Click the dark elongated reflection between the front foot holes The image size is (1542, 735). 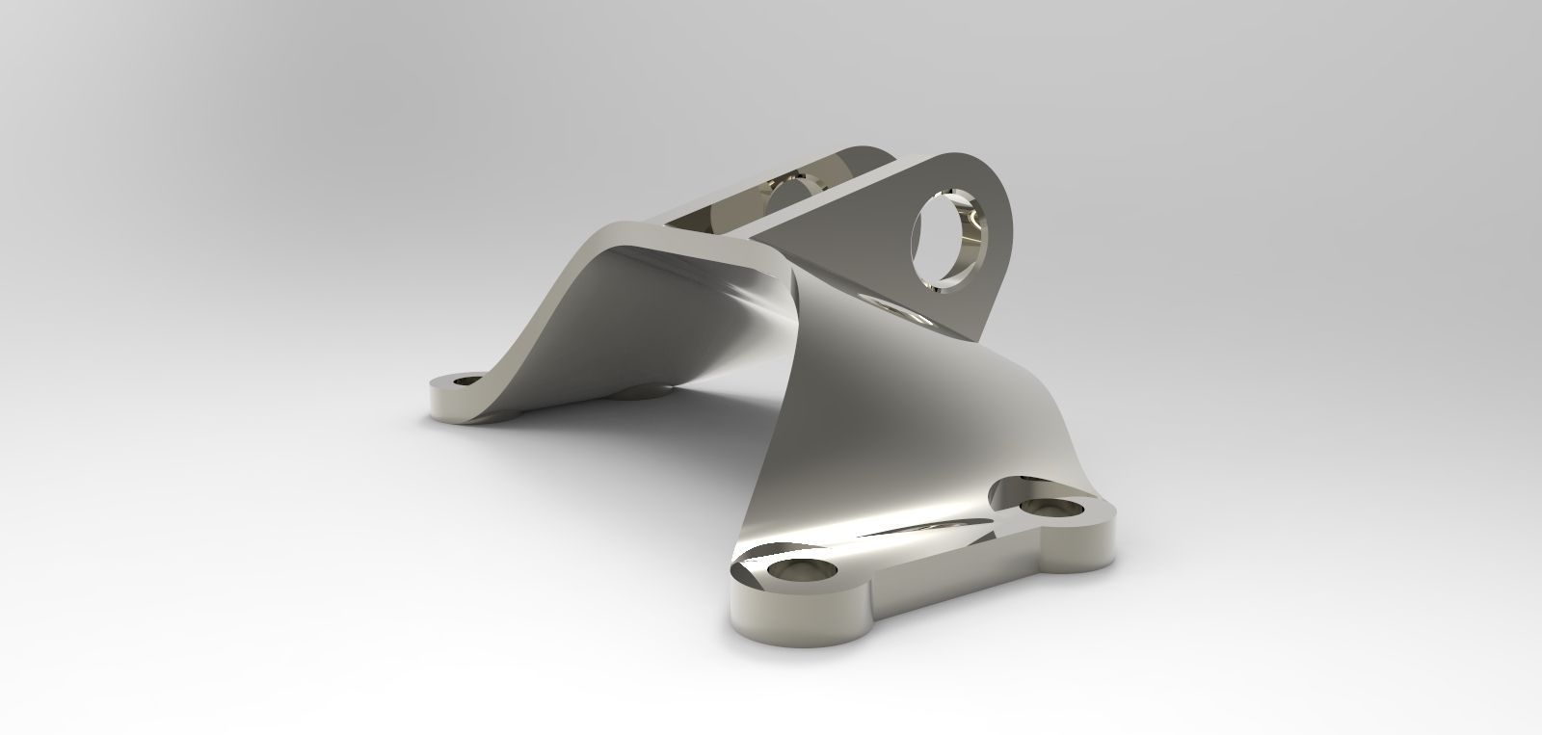[925, 525]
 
